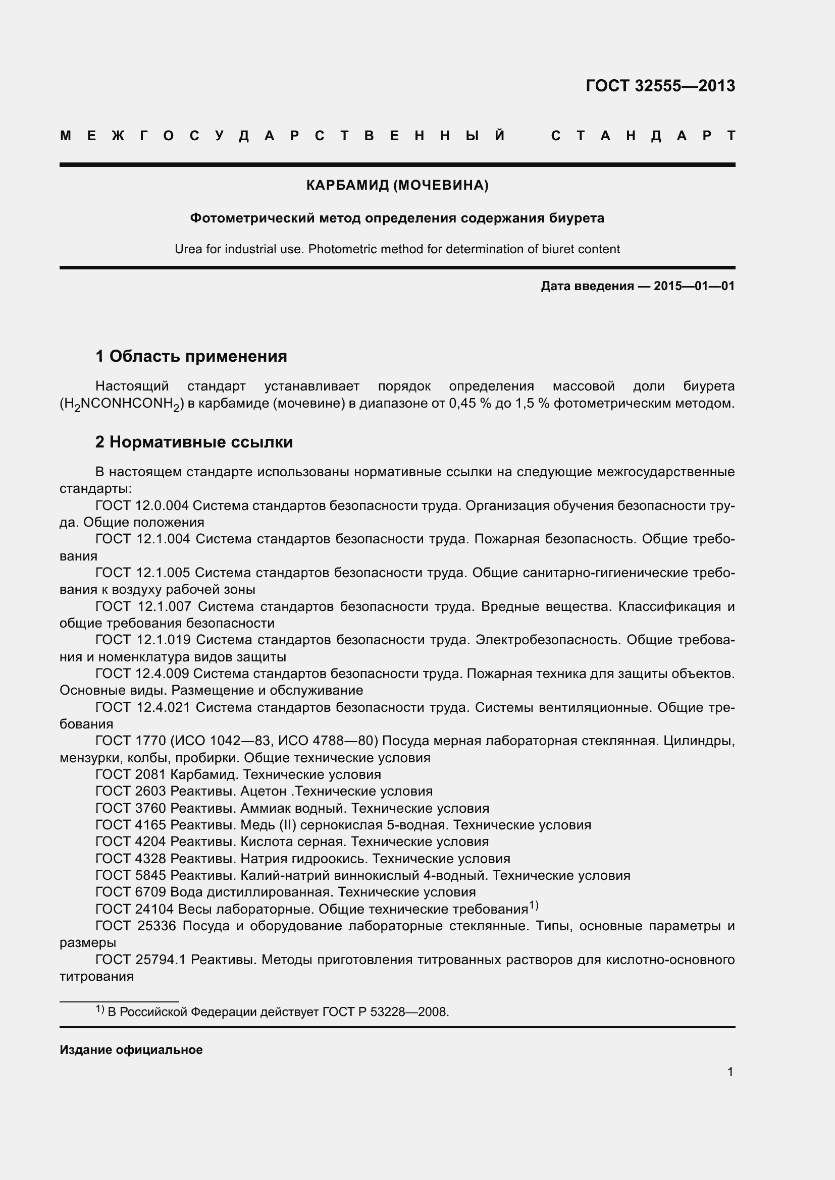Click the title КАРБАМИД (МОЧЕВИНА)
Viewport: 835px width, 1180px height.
(x=397, y=185)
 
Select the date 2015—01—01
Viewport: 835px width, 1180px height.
(x=694, y=286)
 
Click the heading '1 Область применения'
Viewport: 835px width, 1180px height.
(x=191, y=356)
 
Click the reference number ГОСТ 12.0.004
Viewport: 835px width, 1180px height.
(x=142, y=505)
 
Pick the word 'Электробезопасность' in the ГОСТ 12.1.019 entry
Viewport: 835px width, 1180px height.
(x=547, y=640)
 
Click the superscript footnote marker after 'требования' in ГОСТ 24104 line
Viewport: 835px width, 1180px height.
(x=533, y=906)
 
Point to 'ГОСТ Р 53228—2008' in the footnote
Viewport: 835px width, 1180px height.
(x=385, y=1012)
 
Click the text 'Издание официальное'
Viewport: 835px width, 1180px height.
(x=131, y=1049)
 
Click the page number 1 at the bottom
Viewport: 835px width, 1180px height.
(x=730, y=1072)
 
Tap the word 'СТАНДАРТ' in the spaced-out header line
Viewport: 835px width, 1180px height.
(x=643, y=136)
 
